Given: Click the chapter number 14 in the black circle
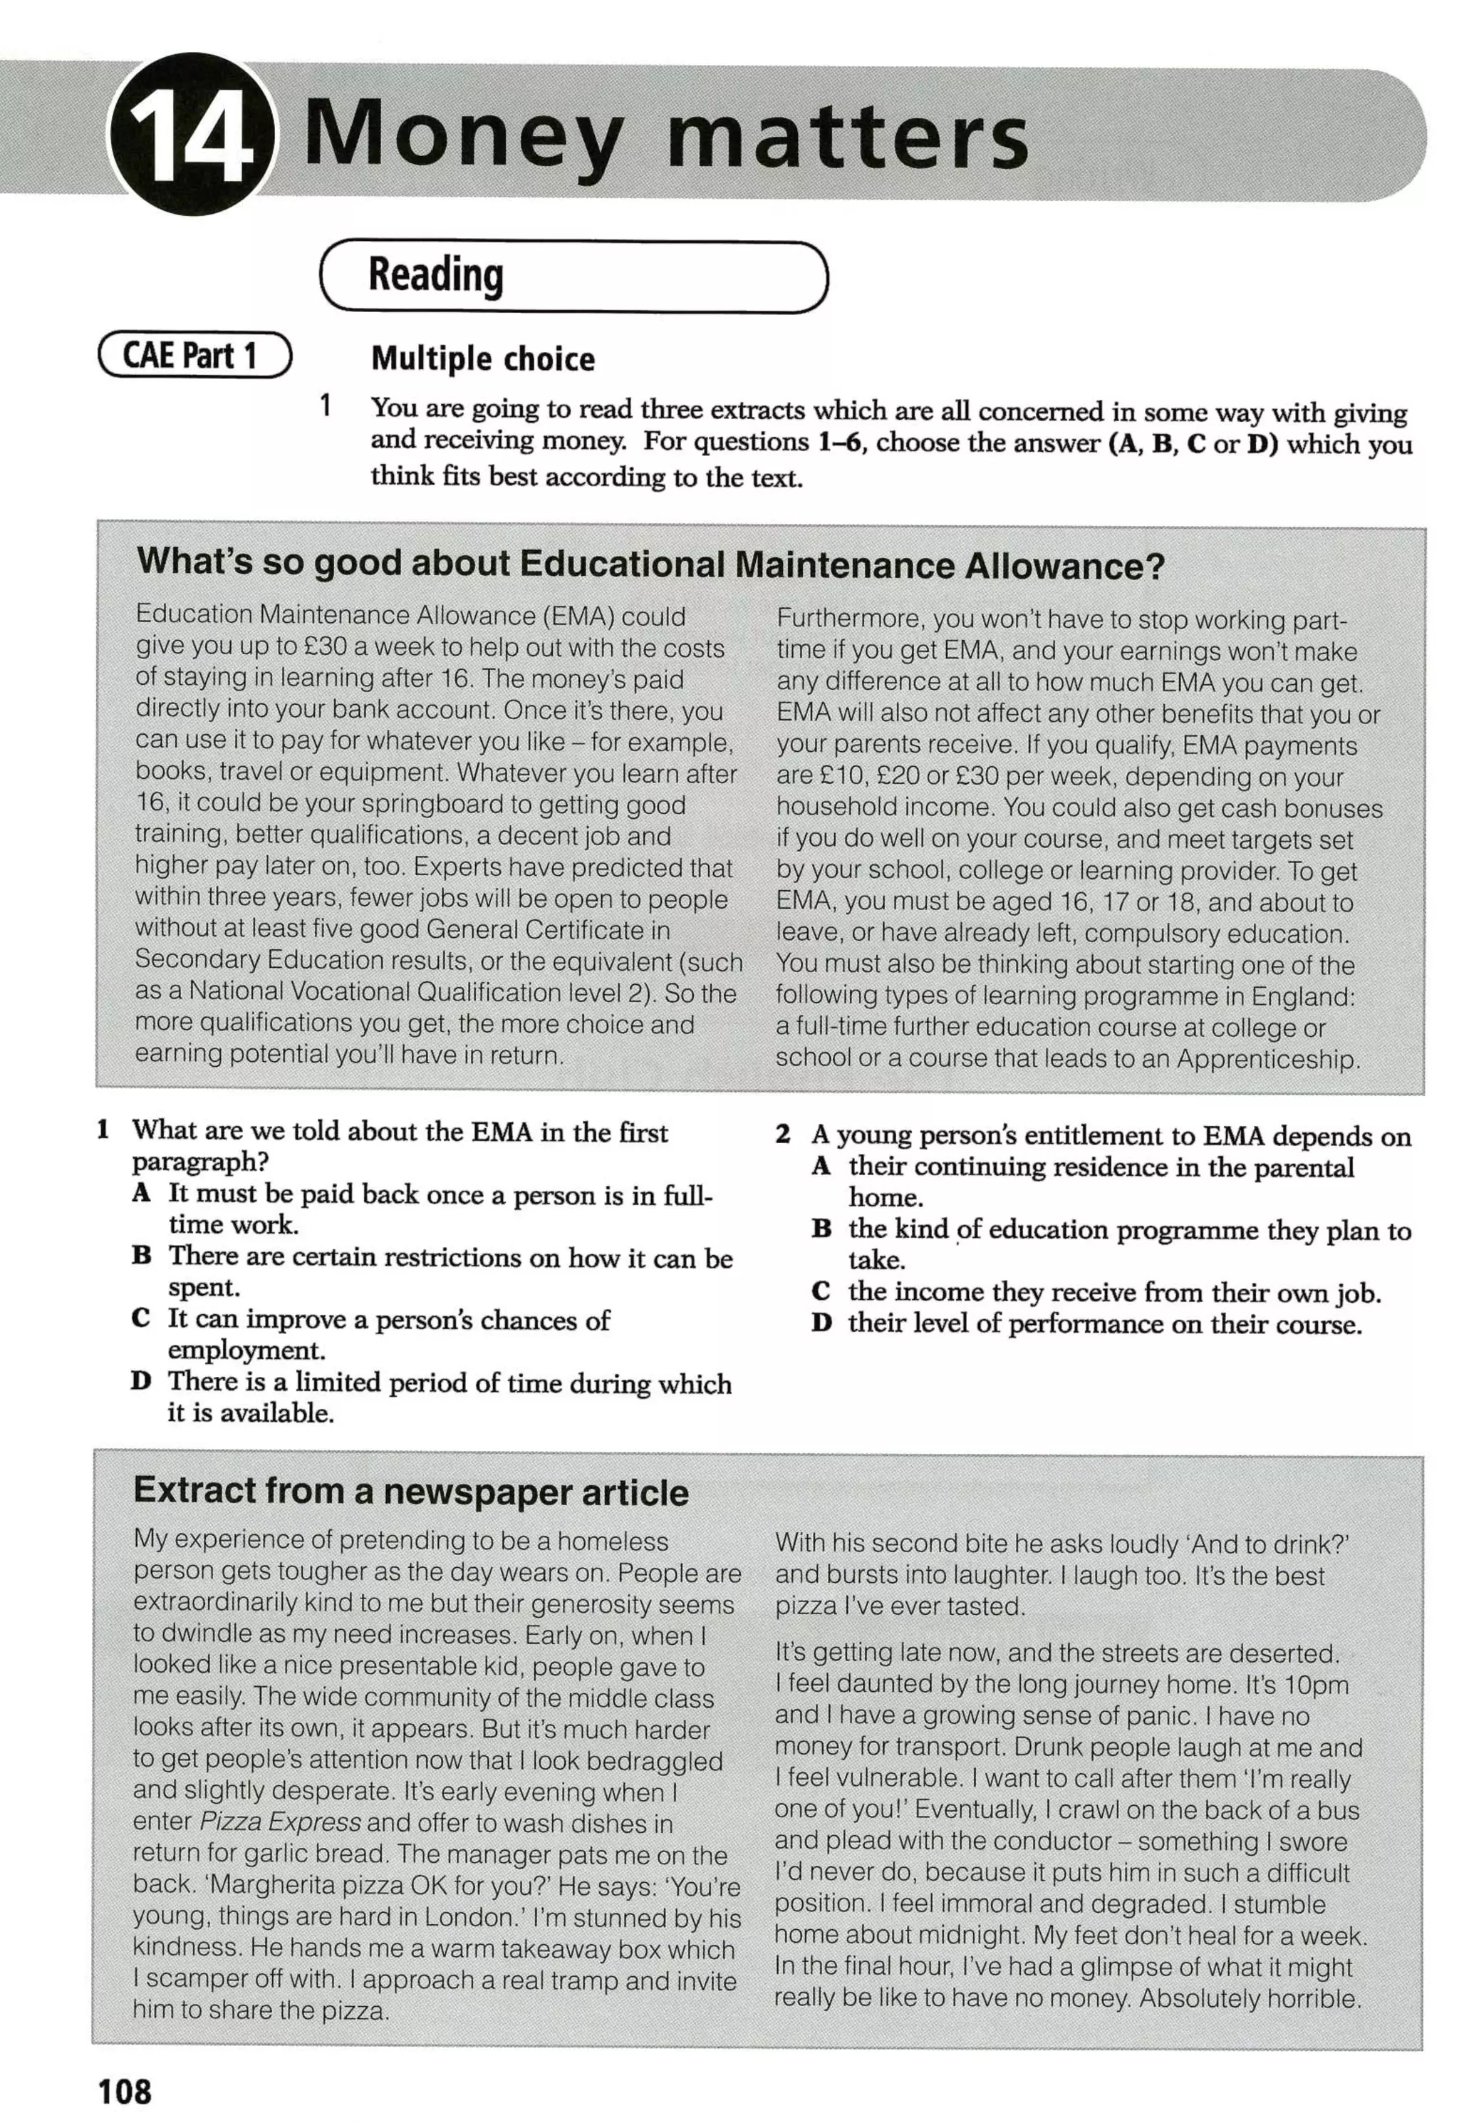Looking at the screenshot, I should [190, 137].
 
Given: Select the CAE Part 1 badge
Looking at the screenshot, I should [194, 356].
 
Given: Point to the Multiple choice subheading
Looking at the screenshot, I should [483, 359].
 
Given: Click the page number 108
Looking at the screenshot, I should [125, 2090].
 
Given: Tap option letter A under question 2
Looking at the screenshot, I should [821, 1166].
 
